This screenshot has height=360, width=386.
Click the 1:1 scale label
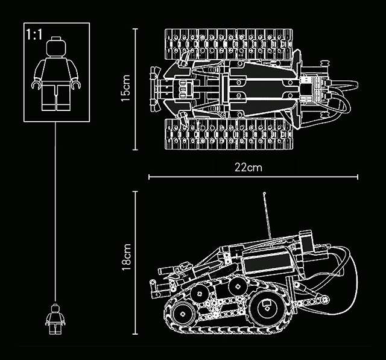coord(34,34)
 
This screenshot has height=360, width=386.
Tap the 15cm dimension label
coord(126,88)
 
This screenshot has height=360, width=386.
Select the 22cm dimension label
coord(248,168)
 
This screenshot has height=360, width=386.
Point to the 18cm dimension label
coord(126,257)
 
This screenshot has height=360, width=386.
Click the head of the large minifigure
coord(57,47)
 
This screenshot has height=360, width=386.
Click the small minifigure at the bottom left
coord(55,319)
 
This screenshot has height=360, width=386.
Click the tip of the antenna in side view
coord(264,193)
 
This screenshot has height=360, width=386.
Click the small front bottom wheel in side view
coord(183,314)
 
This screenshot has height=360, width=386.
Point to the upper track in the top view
coord(229,44)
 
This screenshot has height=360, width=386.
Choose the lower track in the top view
coord(229,134)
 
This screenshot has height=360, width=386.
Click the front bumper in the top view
coord(154,89)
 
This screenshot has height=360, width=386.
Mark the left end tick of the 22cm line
coord(149,177)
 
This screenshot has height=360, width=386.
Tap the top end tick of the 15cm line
coord(135,29)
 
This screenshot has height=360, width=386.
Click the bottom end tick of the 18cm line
coord(135,334)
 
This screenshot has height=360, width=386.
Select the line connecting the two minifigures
coord(55,212)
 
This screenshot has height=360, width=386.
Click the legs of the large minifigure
coord(56,96)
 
